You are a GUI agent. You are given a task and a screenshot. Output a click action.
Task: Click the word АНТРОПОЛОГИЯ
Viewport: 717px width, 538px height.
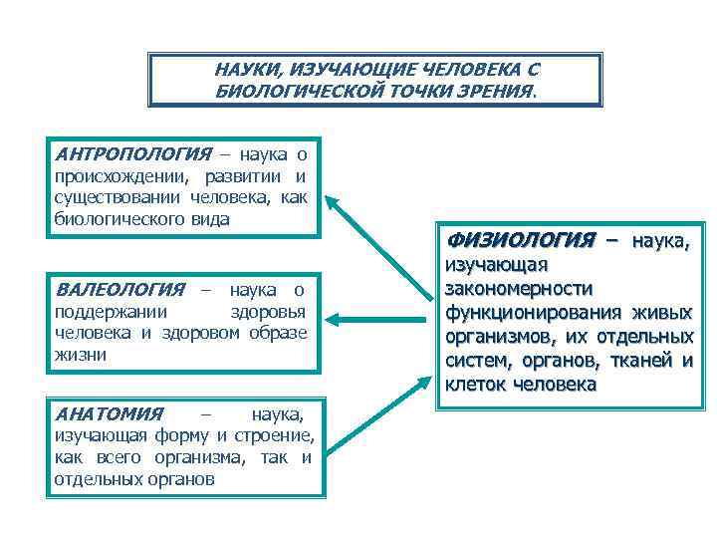pos(133,154)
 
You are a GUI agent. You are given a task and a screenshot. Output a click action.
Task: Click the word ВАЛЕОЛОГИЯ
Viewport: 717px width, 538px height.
pos(120,290)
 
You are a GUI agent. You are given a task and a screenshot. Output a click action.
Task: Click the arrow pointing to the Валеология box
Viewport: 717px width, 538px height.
pos(373,320)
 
